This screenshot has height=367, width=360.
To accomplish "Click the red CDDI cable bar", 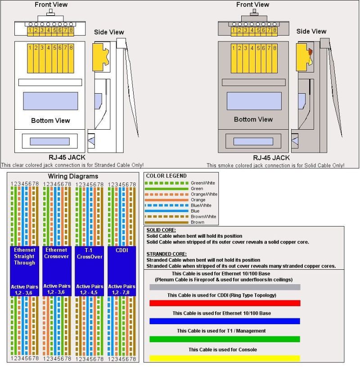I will pyautogui.click(x=225, y=303).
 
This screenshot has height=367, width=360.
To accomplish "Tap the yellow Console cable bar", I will pyautogui.click(x=225, y=358).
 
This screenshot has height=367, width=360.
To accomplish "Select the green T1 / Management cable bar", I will pyautogui.click(x=225, y=339).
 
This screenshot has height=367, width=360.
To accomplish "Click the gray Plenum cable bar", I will pyautogui.click(x=225, y=287).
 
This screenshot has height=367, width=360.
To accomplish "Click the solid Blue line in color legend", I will pyautogui.click(x=166, y=211).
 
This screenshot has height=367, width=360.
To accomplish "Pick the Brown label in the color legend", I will pyautogui.click(x=197, y=222).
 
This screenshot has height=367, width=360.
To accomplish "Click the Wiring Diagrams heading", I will pyautogui.click(x=72, y=176).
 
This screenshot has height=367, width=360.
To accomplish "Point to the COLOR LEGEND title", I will pyautogui.click(x=166, y=176).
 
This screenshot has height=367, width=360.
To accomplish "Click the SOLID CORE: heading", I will pyautogui.click(x=161, y=230).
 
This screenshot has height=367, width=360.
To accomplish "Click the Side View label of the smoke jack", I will pyautogui.click(x=311, y=31).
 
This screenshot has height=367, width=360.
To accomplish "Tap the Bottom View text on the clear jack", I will pyautogui.click(x=50, y=121).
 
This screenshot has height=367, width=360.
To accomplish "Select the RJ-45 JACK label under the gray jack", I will pyautogui.click(x=271, y=158).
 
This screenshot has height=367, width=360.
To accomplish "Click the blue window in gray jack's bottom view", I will pyautogui.click(x=254, y=101).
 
